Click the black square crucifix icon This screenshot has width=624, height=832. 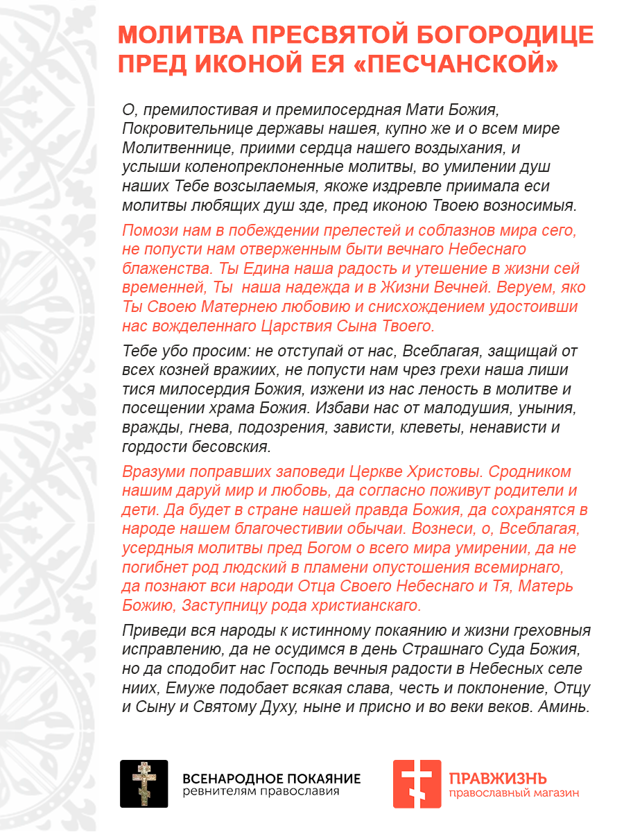144,783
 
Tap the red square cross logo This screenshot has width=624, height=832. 417,783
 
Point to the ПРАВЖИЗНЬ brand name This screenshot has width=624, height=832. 498,777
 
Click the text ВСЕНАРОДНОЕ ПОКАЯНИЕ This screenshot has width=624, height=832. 271,778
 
